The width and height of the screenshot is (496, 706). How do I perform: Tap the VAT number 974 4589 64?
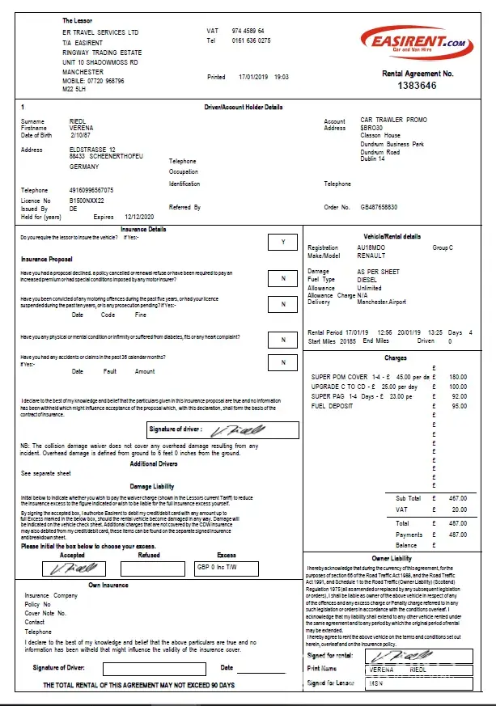[248, 31]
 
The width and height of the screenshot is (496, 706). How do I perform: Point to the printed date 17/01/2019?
[252, 77]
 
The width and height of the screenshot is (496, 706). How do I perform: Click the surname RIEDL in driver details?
[78, 121]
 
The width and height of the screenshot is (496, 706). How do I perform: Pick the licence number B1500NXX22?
[87, 200]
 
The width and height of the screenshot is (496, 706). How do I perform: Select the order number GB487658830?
[379, 207]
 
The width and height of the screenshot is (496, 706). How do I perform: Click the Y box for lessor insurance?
[282, 242]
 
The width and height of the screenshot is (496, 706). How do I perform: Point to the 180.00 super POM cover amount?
[458, 377]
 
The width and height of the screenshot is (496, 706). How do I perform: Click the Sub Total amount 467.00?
[458, 499]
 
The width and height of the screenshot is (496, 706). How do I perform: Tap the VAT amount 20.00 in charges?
[460, 509]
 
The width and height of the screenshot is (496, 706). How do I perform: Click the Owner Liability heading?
[391, 559]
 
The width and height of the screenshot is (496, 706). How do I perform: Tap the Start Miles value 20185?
[346, 341]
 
